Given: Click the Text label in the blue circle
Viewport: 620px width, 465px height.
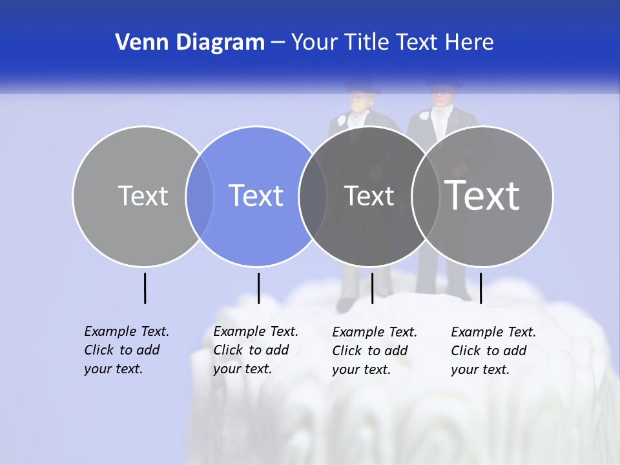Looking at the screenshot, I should [256, 196].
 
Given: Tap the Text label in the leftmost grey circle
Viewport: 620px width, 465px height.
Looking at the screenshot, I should [143, 196].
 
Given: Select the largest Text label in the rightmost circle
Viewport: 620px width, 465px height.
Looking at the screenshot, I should [482, 196].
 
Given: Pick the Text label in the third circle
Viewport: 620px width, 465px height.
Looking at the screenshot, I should [369, 196].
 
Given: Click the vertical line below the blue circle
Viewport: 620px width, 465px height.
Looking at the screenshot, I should [258, 288].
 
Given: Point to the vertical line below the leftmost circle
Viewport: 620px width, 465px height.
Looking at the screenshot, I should [145, 288].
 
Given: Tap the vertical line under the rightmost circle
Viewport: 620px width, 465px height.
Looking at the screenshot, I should [480, 288].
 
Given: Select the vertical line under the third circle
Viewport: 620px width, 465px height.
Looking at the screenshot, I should [372, 288].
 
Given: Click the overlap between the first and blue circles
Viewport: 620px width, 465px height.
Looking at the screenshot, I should [200, 196].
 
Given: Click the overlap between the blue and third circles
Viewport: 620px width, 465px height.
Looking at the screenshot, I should [313, 196].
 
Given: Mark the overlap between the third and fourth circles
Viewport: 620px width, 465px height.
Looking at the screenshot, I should [425, 196].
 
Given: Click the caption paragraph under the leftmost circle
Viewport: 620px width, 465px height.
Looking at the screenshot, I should [126, 350].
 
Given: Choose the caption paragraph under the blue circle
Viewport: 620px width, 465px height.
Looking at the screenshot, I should [255, 350].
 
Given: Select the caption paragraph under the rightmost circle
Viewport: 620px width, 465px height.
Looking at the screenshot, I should [493, 351].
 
